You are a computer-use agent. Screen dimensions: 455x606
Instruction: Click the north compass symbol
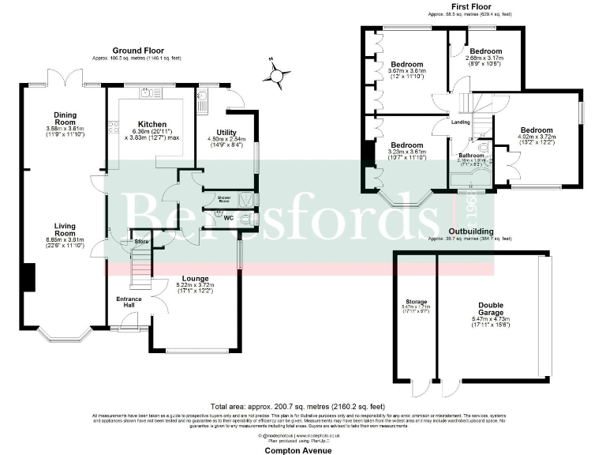click(x=275, y=73)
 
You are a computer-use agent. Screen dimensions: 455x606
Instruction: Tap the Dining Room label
click(x=60, y=115)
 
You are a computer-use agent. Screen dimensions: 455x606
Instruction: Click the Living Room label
click(x=59, y=229)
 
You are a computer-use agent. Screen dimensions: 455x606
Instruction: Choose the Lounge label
click(x=195, y=278)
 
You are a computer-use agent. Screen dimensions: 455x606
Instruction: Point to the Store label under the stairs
click(x=141, y=241)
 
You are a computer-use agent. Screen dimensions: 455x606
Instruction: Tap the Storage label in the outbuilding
click(x=416, y=302)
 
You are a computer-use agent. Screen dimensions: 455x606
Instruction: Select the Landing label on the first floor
click(x=460, y=122)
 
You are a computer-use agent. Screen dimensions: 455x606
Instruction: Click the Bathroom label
click(x=471, y=156)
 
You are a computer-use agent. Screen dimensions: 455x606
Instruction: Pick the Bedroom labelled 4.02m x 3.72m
click(x=536, y=130)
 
